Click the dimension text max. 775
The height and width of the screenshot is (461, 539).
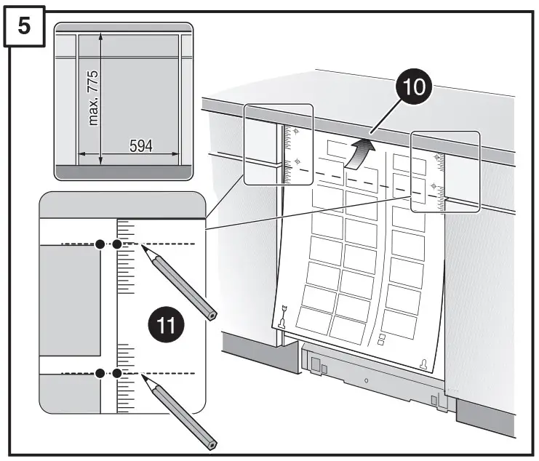92,98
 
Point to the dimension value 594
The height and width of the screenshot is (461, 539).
140,145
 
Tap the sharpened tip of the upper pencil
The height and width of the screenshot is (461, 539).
143,248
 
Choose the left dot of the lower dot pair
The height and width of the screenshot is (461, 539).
100,373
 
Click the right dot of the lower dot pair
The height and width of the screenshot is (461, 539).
116,373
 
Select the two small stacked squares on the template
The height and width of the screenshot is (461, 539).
380,339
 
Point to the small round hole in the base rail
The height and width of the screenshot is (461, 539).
366,380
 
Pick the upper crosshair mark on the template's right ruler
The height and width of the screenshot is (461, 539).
436,157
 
